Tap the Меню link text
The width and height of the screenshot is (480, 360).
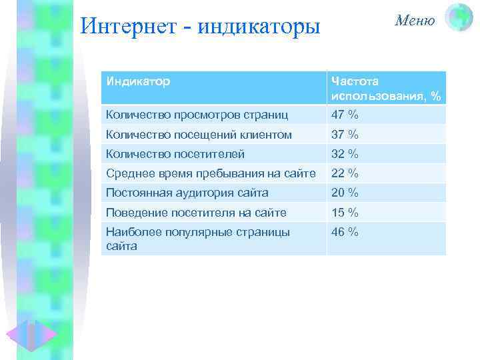[415, 20]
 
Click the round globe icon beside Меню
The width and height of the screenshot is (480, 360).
[459, 18]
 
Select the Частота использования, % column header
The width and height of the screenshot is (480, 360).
[385, 89]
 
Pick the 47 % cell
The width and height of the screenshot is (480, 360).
[345, 114]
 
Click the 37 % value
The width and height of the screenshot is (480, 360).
[345, 134]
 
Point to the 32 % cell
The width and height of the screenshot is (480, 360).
[345, 154]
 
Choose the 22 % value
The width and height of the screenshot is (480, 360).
[345, 173]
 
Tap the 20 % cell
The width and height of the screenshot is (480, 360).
[345, 193]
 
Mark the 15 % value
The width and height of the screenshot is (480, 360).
[345, 213]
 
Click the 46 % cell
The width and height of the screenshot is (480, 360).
[345, 233]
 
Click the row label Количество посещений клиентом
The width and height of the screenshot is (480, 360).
[199, 134]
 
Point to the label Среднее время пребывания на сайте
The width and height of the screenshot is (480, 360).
[211, 173]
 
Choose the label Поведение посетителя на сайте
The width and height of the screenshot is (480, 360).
[196, 213]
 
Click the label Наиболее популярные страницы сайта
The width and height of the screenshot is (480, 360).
[197, 239]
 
